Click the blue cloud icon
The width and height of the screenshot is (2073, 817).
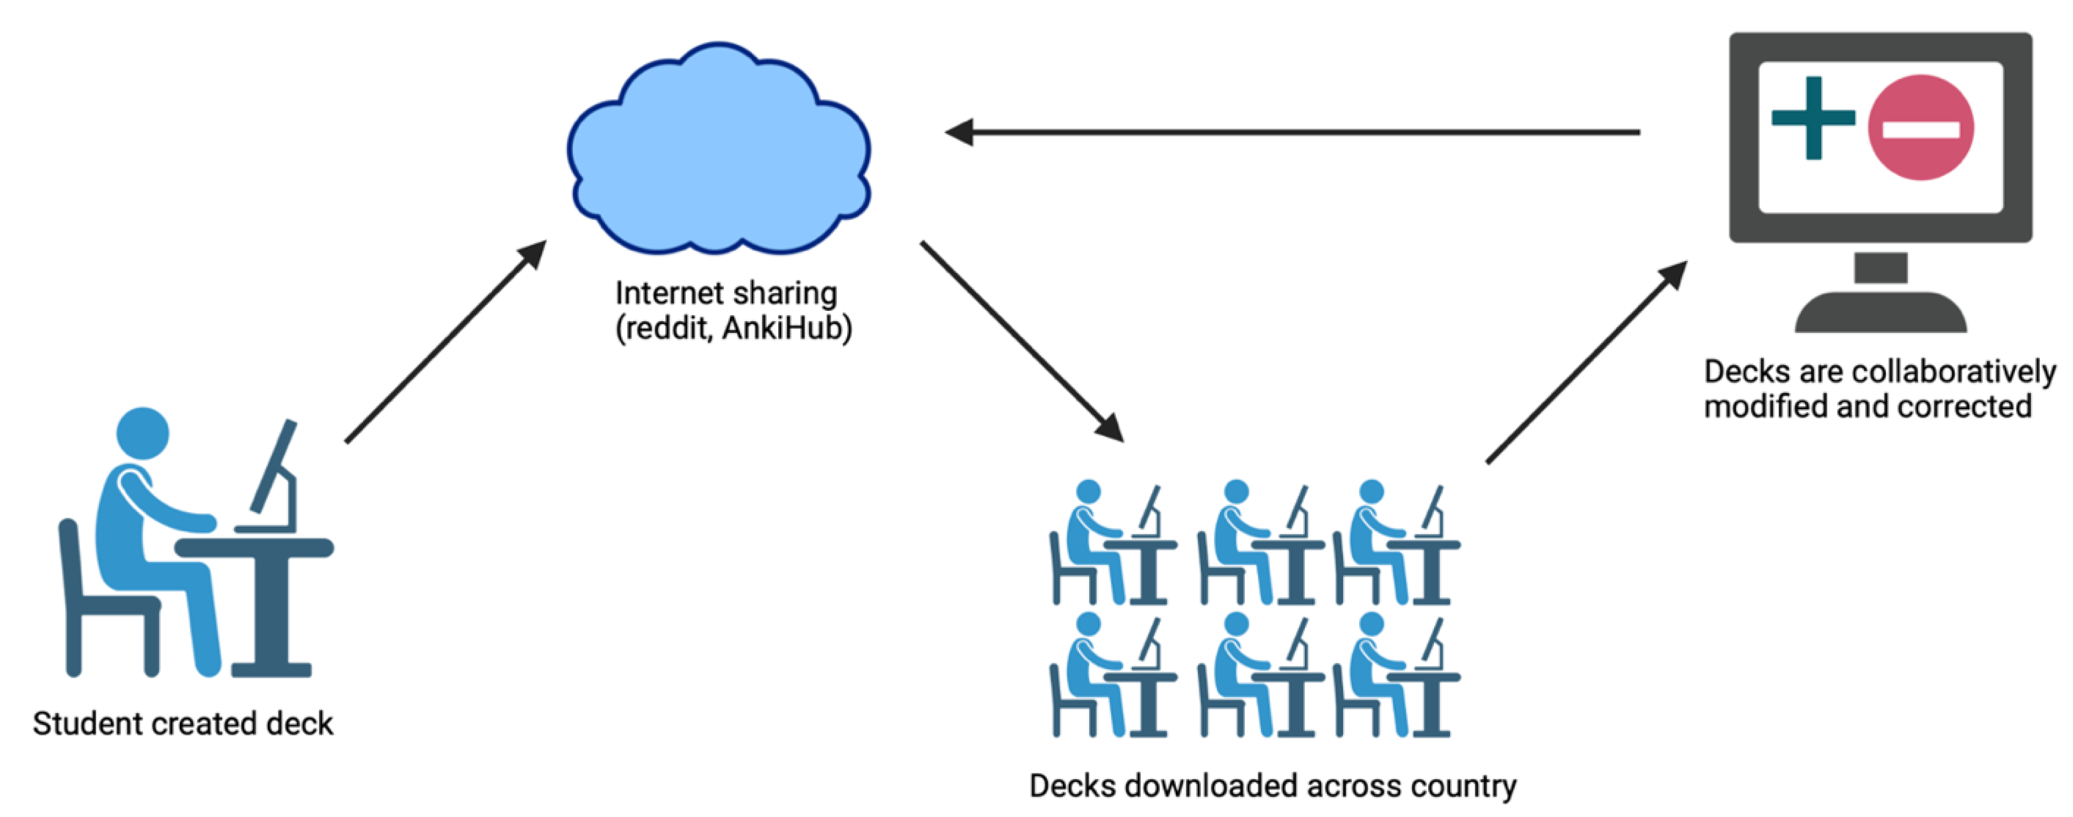pyautogui.click(x=718, y=153)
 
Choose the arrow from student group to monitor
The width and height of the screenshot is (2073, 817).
pyautogui.click(x=1585, y=362)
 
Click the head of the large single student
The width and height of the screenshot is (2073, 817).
pyautogui.click(x=143, y=433)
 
